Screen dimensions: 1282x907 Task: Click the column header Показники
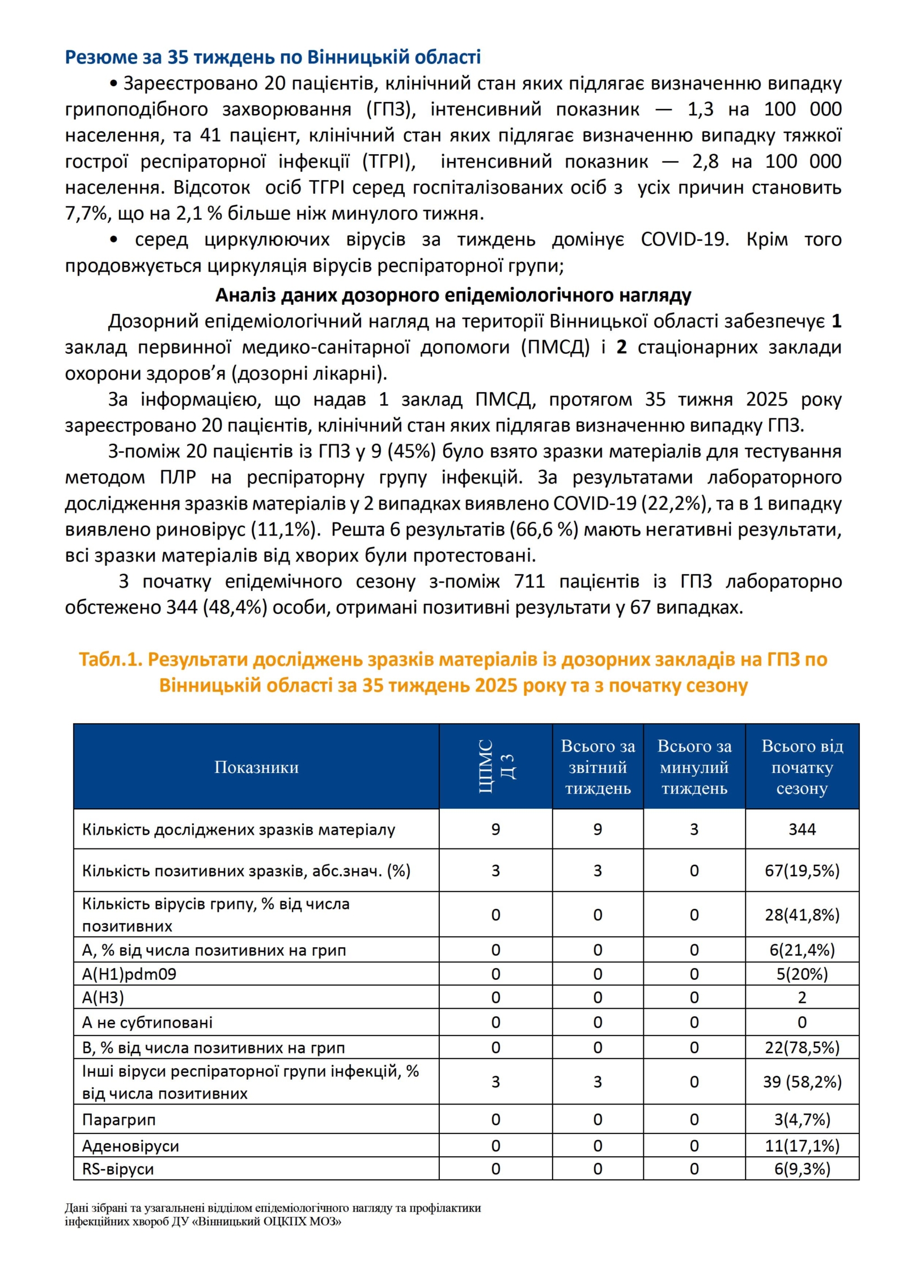[256, 767]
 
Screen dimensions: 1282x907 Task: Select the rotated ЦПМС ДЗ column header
[495, 766]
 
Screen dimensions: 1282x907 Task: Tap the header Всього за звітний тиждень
[597, 767]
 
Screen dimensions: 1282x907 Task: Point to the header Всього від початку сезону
[802, 767]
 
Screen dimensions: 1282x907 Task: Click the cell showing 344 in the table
[802, 829]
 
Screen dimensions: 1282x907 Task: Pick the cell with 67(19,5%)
[802, 871]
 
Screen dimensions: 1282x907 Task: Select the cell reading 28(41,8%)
[802, 915]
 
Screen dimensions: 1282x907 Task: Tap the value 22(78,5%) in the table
[802, 1047]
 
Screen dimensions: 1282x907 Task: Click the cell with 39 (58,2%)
[802, 1082]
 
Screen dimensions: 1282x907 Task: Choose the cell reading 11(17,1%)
[802, 1146]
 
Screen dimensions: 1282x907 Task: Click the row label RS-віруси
[118, 1169]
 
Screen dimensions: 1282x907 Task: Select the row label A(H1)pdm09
[129, 974]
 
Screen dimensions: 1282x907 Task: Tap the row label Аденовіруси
[130, 1146]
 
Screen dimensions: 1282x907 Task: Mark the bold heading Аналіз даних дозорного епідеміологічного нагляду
[453, 295]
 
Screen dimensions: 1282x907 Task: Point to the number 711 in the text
[529, 581]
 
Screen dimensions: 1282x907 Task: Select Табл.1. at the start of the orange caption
[110, 659]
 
